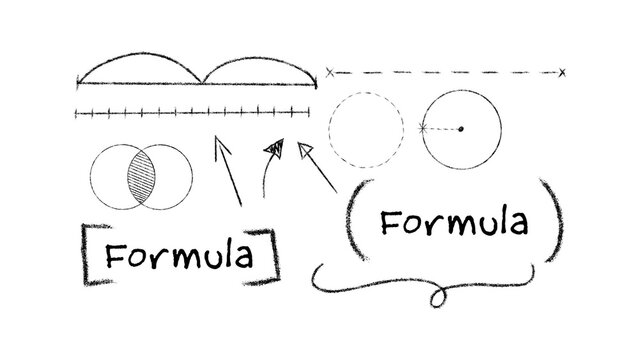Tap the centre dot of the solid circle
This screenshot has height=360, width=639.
461,129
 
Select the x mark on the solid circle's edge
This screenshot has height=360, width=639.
423,129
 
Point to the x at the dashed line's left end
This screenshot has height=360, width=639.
330,72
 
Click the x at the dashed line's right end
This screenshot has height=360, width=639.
563,72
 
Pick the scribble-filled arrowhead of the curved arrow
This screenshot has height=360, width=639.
273,150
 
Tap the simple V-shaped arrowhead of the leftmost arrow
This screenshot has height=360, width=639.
220,146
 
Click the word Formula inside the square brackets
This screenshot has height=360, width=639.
179,257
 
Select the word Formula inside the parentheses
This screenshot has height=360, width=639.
453,222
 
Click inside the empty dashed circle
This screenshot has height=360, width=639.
364,129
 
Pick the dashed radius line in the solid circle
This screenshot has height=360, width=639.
442,129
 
